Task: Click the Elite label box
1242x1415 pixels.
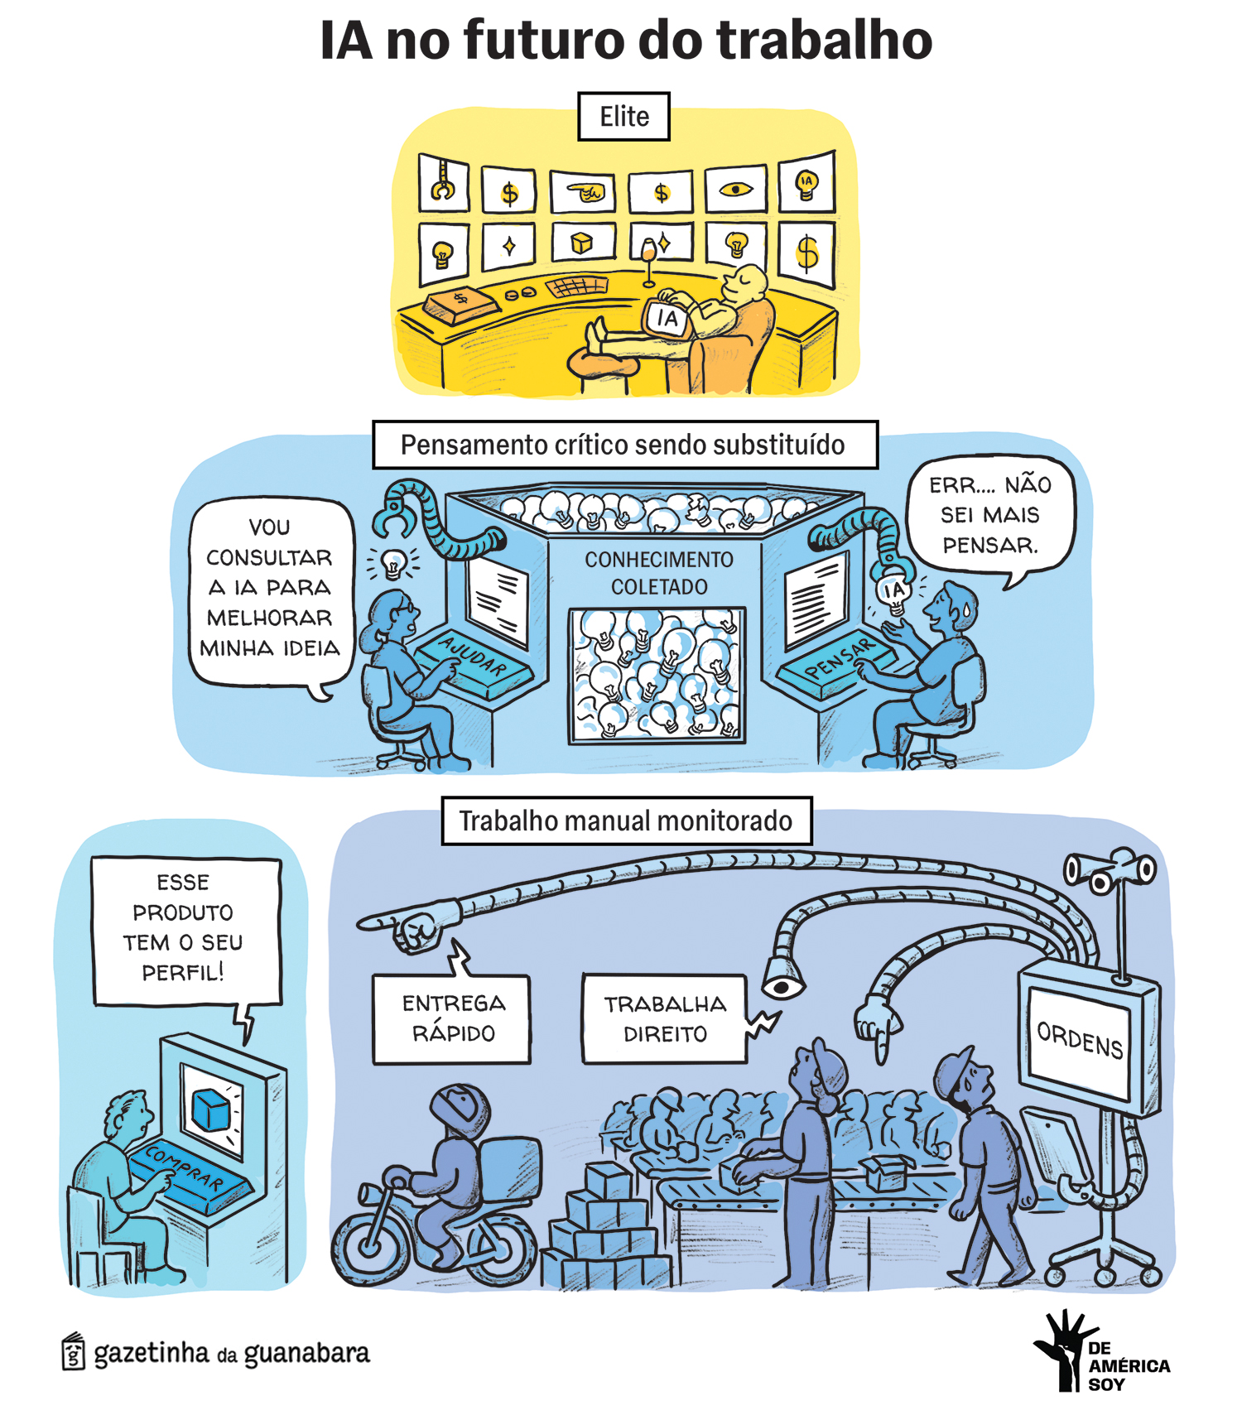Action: [623, 117]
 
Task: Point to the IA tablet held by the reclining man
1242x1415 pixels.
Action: [667, 318]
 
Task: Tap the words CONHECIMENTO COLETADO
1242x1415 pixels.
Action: [658, 573]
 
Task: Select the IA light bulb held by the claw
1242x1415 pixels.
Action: [893, 593]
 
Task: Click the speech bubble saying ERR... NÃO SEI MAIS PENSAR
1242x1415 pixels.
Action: [990, 515]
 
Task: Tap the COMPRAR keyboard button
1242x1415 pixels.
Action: [184, 1168]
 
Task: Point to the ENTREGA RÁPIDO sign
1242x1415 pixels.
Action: [452, 1018]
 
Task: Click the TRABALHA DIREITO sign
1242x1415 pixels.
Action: [664, 1018]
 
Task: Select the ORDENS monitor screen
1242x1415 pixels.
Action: [1080, 1040]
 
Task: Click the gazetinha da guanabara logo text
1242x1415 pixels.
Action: [231, 1353]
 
